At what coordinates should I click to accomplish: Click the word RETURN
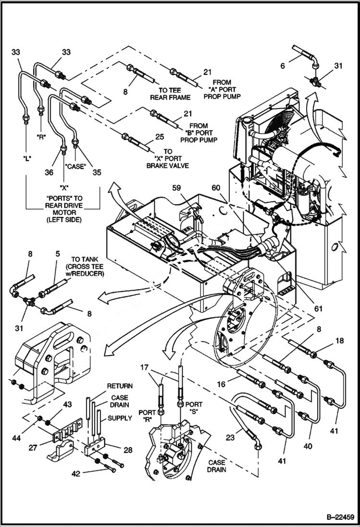coord(119,386)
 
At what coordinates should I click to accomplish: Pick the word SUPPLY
coord(119,418)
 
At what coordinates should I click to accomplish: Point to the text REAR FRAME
coord(170,98)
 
